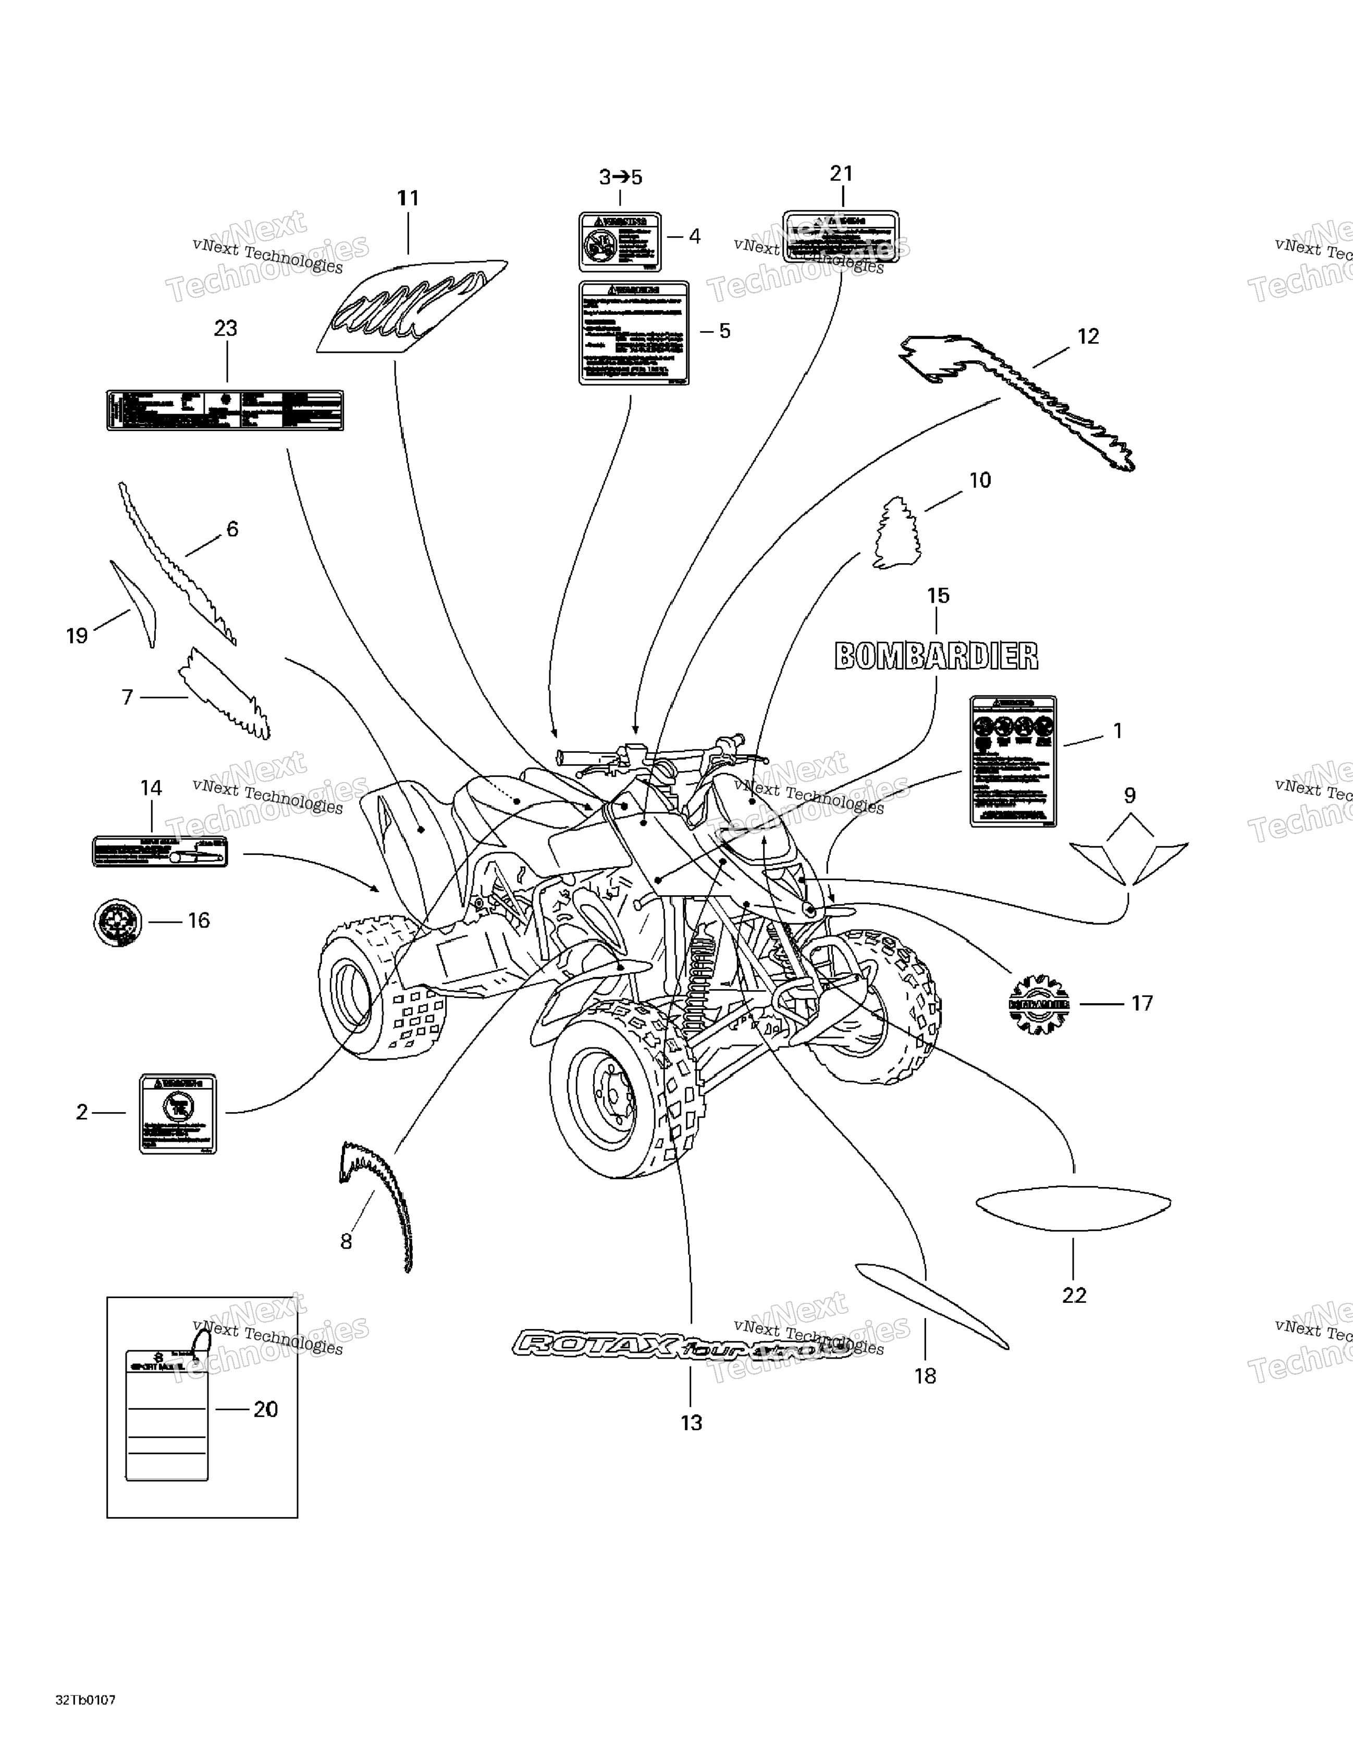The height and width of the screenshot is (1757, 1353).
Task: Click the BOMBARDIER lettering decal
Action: tap(937, 656)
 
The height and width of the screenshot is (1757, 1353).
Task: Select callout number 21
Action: tap(841, 173)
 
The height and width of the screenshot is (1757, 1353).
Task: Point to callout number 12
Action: tap(1088, 336)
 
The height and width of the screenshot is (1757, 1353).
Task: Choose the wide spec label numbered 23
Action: tap(225, 410)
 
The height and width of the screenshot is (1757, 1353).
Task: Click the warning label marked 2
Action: tap(178, 1114)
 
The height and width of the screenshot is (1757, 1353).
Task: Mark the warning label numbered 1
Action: tap(1013, 761)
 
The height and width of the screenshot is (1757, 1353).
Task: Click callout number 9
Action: tap(1129, 796)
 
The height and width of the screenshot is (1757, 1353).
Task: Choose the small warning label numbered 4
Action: tap(619, 242)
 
